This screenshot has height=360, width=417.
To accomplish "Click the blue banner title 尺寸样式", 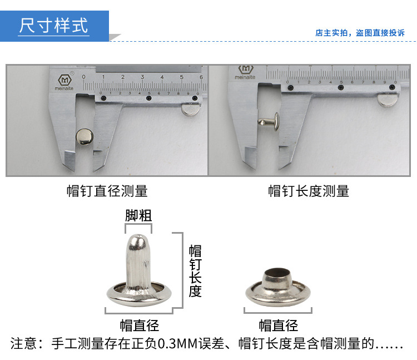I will point(54,26).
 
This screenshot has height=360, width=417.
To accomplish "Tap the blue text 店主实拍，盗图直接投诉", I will point(360,33).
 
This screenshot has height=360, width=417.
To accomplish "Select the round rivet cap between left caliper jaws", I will point(84,134).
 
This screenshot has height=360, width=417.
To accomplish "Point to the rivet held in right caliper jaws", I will point(269,120).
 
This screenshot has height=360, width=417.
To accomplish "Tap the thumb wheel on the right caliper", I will point(388,100).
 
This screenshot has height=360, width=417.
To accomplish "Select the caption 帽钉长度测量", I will point(309,191).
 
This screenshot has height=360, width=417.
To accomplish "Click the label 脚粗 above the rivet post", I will point(138,215).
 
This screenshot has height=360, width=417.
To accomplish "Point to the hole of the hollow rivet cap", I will point(277,273).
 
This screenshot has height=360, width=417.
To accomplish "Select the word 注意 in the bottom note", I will point(23,343).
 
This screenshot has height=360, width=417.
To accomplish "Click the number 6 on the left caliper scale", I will point(201,77).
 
